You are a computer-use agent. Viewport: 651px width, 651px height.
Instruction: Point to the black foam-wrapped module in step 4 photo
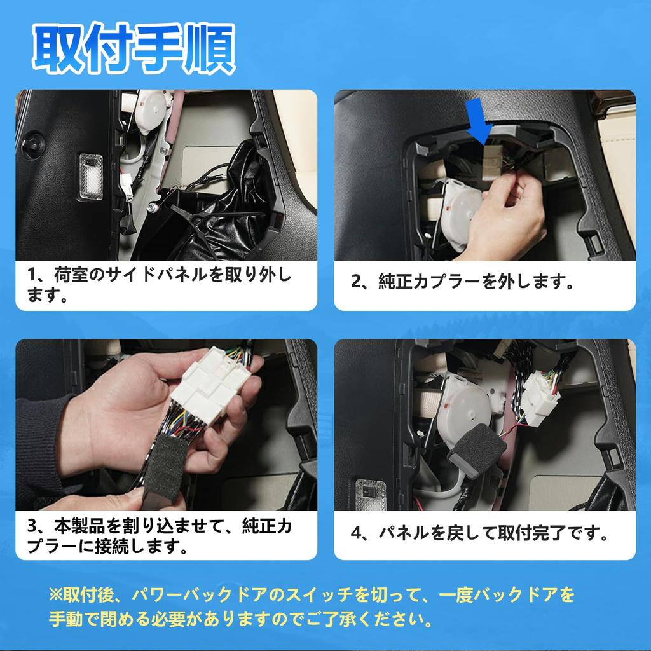click(x=476, y=448)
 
